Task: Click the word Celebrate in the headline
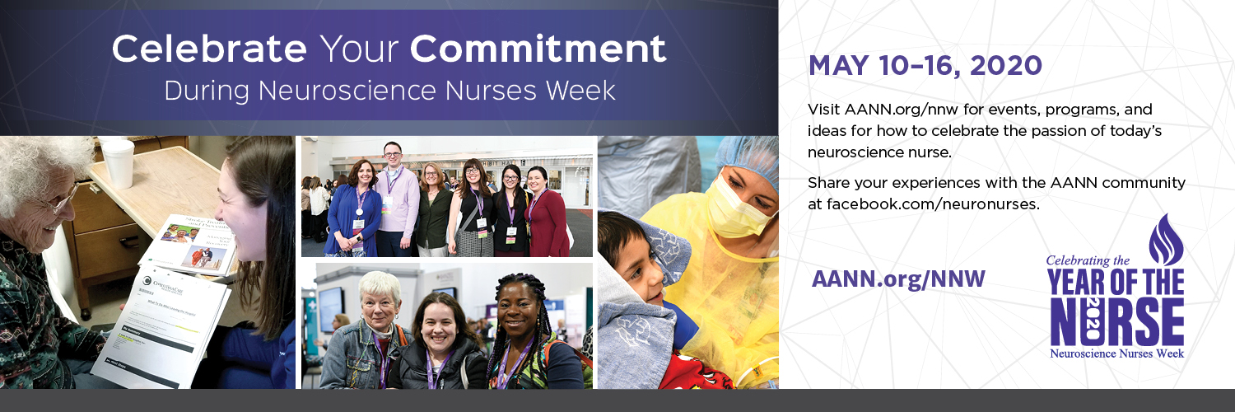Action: (x=208, y=49)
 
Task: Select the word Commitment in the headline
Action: (x=538, y=49)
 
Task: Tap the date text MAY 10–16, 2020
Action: (x=925, y=66)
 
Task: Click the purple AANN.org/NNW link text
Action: (x=898, y=279)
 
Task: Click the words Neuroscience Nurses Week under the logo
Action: (x=1116, y=353)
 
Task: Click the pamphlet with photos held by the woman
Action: (x=198, y=243)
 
